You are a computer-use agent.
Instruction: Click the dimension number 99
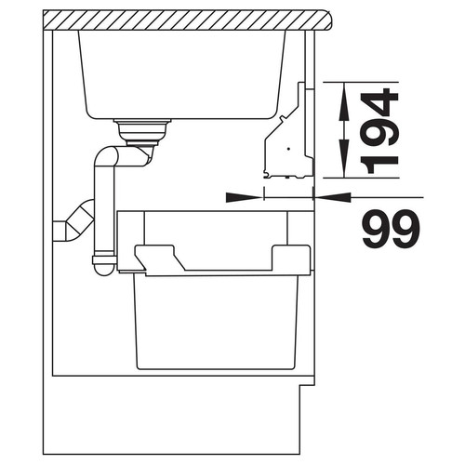click(391, 229)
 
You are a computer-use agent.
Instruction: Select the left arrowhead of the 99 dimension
click(245, 197)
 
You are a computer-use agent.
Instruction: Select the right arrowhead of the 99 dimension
click(333, 197)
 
